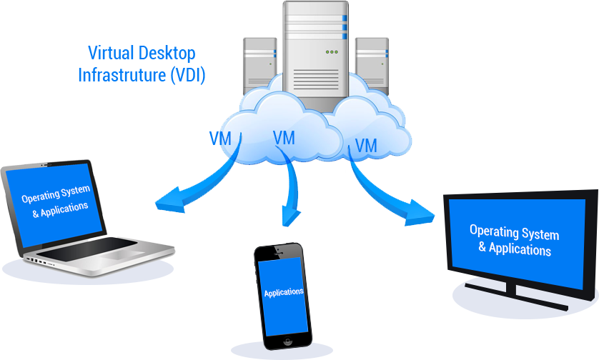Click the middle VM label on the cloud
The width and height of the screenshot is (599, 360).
point(284,138)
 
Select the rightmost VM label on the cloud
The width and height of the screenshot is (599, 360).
point(365,146)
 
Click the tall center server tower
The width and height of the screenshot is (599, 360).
point(315,54)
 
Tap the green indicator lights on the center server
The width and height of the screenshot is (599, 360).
point(332,52)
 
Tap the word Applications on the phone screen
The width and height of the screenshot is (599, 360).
point(283,292)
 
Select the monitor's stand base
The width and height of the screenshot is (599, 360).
point(515,292)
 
